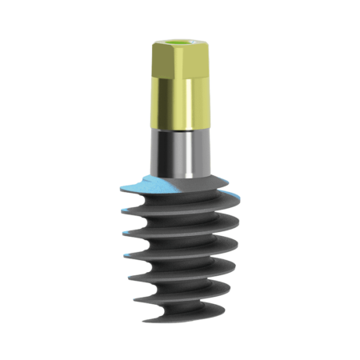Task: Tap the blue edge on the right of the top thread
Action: point(231,193)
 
